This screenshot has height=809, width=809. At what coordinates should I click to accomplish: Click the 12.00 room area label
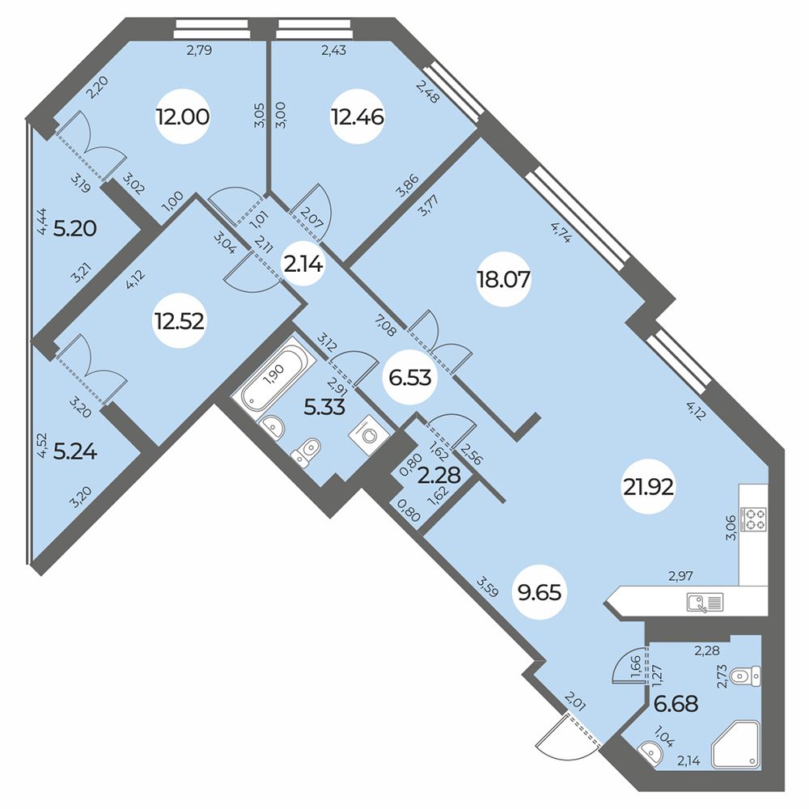183,117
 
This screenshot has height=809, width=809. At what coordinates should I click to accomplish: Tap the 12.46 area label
358,117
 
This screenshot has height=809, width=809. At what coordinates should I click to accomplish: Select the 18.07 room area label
503,280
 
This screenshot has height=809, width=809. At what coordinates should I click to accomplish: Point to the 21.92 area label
649,487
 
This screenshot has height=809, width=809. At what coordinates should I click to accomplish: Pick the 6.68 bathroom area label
676,703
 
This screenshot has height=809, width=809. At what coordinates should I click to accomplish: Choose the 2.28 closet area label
438,475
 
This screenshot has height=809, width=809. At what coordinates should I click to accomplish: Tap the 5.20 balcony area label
75,228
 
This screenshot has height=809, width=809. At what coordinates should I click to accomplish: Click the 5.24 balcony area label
75,452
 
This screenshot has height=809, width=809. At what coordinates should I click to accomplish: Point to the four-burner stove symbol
753,519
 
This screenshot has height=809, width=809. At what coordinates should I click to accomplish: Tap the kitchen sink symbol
705,602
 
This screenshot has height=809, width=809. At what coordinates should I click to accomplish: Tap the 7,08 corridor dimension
385,327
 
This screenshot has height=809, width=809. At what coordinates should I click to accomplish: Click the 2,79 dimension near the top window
199,50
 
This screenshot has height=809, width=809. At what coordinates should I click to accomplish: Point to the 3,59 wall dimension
487,587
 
